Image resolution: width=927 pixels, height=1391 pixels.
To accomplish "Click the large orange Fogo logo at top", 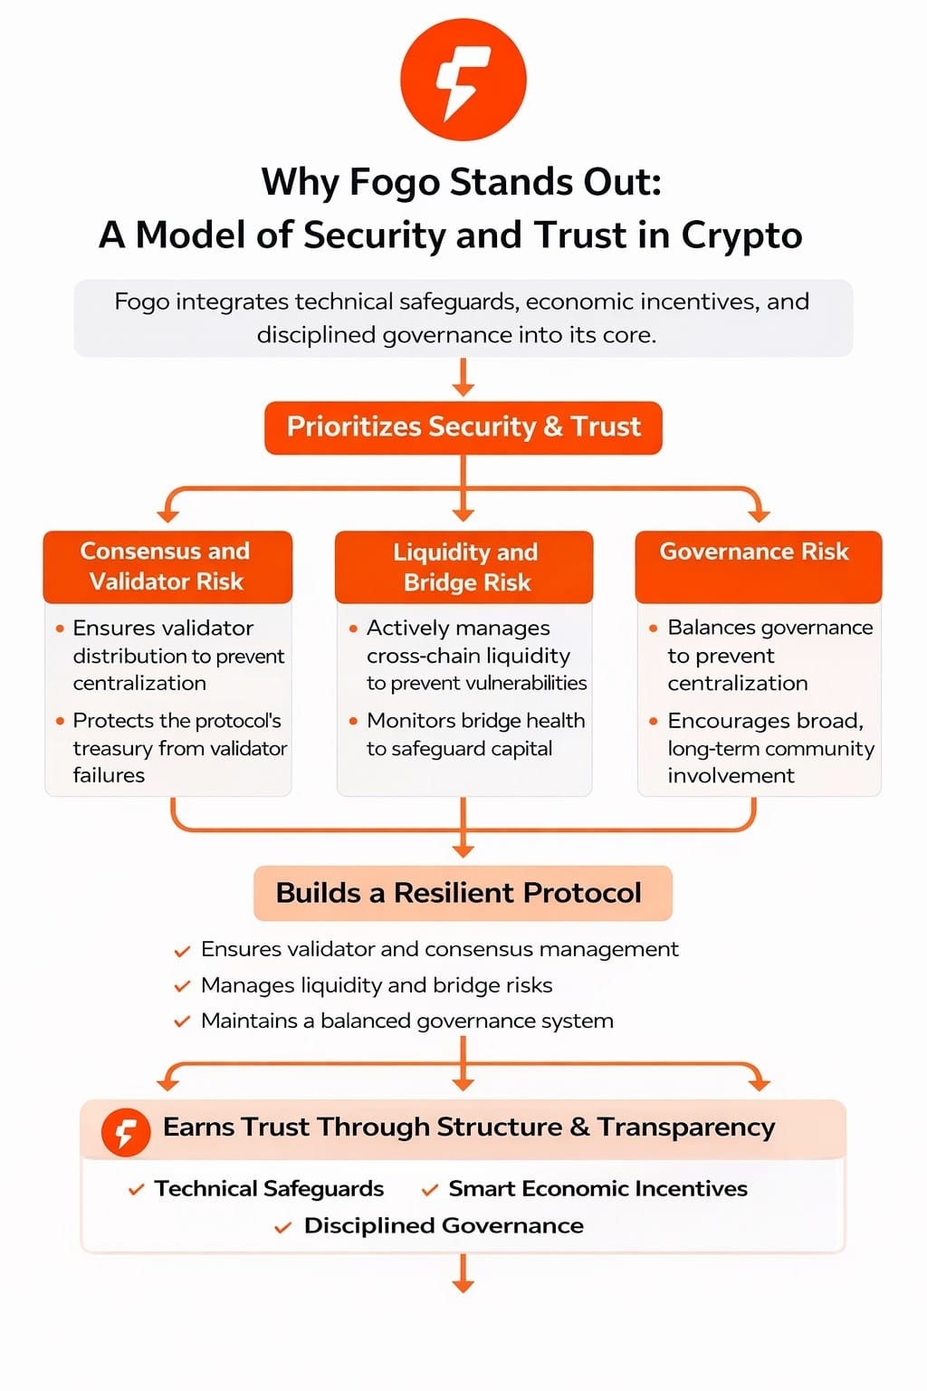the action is tap(463, 79).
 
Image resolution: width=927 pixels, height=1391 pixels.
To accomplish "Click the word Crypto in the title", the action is tap(741, 235).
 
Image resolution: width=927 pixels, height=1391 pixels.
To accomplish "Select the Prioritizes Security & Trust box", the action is tap(463, 427).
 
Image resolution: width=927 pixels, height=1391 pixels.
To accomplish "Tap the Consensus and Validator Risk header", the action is tap(167, 566).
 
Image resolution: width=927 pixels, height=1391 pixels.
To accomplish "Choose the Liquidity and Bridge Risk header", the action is tap(464, 567).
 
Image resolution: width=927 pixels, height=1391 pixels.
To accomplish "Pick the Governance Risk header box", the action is tap(758, 566).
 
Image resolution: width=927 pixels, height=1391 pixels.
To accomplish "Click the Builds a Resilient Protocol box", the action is tap(463, 893).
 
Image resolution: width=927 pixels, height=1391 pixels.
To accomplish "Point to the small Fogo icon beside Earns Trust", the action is tap(126, 1132).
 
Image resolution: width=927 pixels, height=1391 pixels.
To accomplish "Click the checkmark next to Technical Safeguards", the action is tap(137, 1190).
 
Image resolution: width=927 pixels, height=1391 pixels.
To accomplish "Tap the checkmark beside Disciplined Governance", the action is tap(283, 1227).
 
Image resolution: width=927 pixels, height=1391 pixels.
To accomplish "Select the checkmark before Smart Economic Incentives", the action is tap(431, 1190).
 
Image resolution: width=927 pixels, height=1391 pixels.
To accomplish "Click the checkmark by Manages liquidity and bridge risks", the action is tap(182, 986).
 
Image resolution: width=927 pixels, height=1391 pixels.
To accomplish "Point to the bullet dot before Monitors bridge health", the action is tap(353, 722).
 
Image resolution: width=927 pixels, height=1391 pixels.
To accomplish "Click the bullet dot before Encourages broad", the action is tap(653, 722).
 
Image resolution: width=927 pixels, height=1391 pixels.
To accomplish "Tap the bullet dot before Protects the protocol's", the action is tap(60, 722).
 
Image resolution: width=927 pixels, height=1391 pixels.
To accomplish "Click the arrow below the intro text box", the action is tap(463, 379).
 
